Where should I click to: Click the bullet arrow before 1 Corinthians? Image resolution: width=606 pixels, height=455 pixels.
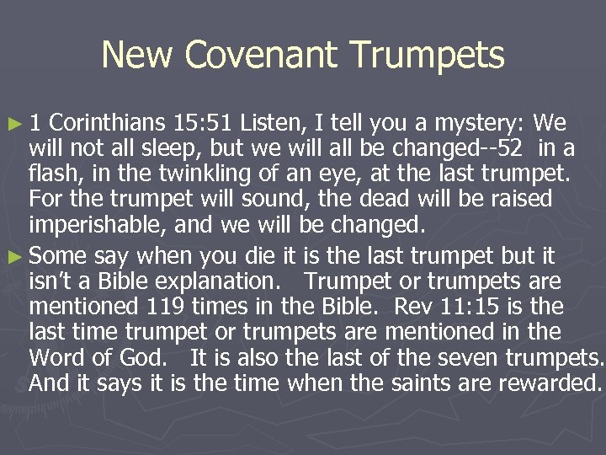click(12, 125)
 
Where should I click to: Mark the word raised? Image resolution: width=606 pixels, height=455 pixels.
click(513, 201)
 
